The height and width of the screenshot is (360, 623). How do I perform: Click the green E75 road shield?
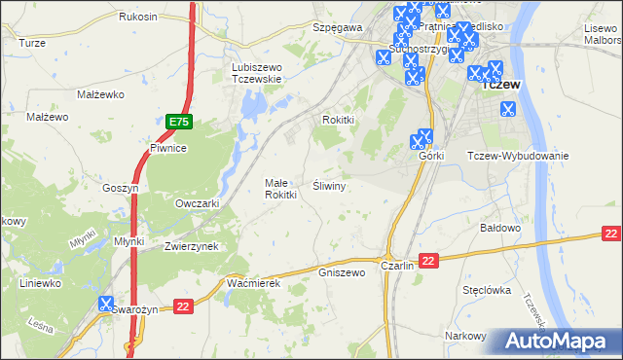(178, 122)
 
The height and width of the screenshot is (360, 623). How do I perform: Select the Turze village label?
(32, 43)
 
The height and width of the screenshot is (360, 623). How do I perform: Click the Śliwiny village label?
(331, 184)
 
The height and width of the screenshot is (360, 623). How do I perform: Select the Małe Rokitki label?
(280, 188)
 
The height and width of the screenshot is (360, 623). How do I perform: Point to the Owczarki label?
(197, 203)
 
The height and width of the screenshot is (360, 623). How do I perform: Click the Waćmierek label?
(253, 282)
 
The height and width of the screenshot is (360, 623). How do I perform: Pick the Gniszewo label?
(342, 272)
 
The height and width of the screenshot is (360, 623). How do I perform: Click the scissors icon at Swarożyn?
(106, 306)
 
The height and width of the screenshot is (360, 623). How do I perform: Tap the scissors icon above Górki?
(424, 138)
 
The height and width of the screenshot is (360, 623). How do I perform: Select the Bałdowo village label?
(502, 227)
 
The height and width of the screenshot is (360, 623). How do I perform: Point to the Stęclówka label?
(488, 289)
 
